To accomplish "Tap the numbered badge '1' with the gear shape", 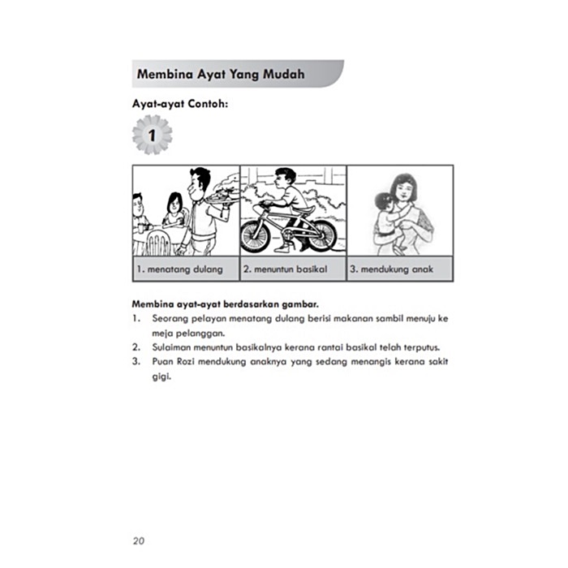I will click(x=152, y=135).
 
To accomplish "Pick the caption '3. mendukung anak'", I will click(x=390, y=269).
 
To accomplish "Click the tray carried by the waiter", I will click(x=222, y=197).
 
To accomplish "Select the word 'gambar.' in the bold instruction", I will click(x=296, y=304).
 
